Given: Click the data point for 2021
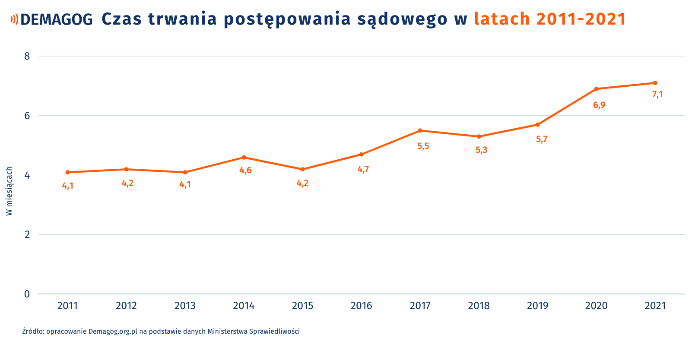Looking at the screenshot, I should tap(655, 83).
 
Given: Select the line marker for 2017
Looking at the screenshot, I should tap(420, 130).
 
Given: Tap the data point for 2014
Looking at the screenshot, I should tap(244, 157).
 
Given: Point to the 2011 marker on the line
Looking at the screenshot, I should tap(67, 172).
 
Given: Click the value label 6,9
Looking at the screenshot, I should tap(599, 105).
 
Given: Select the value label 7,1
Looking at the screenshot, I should tap(657, 95).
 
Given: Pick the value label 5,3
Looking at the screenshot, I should tap(481, 150).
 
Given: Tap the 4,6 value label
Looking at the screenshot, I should tap(245, 171).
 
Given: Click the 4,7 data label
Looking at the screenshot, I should tap(363, 169).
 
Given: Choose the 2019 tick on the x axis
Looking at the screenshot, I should tap(537, 306).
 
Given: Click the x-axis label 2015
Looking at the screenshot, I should tap(302, 306).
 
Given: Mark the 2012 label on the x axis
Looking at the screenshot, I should tap(126, 306).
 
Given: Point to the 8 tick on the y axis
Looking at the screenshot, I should tap(27, 56).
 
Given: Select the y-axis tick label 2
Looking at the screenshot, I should tap(27, 234).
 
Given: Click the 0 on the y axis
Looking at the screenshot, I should tap(27, 294).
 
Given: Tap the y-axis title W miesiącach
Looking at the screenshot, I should tap(9, 191).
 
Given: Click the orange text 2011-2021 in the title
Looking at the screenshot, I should tap(581, 19).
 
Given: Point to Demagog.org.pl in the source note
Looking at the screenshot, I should tap(113, 332).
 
